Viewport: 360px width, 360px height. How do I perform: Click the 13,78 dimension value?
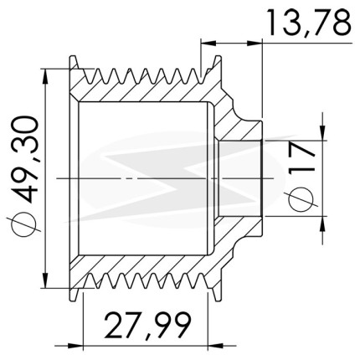point(309,23)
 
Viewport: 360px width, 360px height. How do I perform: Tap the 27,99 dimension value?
point(148,326)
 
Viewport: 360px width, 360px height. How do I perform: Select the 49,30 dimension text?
point(23,160)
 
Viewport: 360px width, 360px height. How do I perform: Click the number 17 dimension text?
point(301,160)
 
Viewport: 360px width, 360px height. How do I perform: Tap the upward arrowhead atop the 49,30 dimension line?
point(45,76)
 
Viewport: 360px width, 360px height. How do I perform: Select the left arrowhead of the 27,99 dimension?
point(76,346)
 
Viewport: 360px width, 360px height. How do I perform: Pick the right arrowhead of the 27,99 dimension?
point(215,346)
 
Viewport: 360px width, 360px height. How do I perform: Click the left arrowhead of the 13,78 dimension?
point(208,43)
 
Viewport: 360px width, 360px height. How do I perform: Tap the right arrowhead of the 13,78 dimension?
point(255,43)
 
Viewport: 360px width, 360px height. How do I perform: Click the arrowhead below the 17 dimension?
point(322,224)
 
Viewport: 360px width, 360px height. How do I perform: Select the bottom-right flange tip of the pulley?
point(219,300)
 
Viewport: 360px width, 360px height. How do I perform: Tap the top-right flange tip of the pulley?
point(219,57)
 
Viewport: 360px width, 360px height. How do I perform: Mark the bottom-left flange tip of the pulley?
point(73,300)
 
